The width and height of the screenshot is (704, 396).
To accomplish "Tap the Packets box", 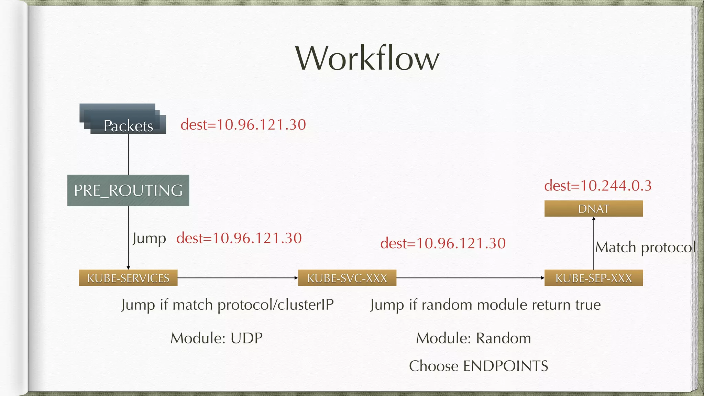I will coord(128,125).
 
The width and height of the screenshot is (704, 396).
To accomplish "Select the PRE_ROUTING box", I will coord(128,190).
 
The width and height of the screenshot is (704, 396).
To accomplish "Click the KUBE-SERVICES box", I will coord(128,278).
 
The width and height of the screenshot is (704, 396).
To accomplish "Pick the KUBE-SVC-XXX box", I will coord(347,278).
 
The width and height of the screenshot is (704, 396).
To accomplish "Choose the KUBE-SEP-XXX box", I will coord(594,278).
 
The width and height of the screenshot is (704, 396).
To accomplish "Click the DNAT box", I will coord(594,209).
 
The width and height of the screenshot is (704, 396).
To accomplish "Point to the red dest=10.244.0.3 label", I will coord(598,186).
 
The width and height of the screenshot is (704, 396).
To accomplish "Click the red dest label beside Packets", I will coord(243,124).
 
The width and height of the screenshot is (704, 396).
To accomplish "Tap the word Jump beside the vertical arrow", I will coord(149,238).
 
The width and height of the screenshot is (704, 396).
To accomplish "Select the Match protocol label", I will coord(645,247).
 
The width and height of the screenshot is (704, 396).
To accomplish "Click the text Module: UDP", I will coord(217,338).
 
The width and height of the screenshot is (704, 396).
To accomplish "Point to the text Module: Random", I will coord(473,338).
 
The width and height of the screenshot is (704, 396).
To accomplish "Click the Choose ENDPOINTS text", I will coord(478,366).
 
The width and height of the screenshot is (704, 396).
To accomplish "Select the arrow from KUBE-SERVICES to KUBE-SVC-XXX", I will coord(238,278).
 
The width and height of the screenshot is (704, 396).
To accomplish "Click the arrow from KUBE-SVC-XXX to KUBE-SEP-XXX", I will coord(470,278).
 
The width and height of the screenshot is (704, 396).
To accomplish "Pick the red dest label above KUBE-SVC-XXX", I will coord(443,243).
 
